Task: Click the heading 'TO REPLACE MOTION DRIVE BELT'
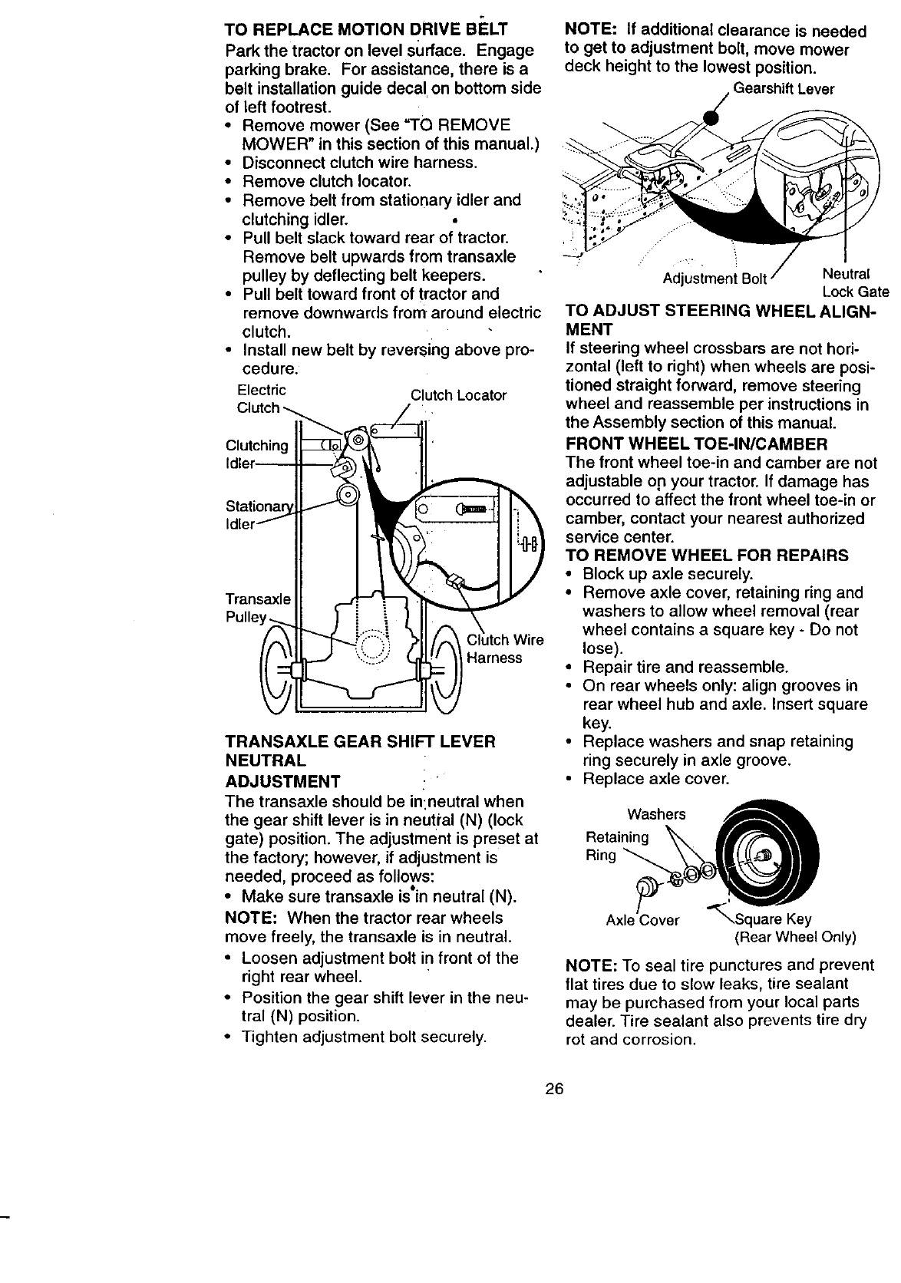365,31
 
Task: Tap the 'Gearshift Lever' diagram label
784,89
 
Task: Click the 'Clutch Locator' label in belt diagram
458,395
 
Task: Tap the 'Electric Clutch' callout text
260,399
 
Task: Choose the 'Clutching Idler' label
256,455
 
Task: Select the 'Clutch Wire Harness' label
504,649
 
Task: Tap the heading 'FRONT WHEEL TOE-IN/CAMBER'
696,444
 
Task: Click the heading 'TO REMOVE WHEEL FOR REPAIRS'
706,555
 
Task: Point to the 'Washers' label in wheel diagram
656,813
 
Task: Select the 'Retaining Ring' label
616,845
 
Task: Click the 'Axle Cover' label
642,920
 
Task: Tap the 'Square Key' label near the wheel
774,919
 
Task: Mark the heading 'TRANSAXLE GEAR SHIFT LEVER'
360,742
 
